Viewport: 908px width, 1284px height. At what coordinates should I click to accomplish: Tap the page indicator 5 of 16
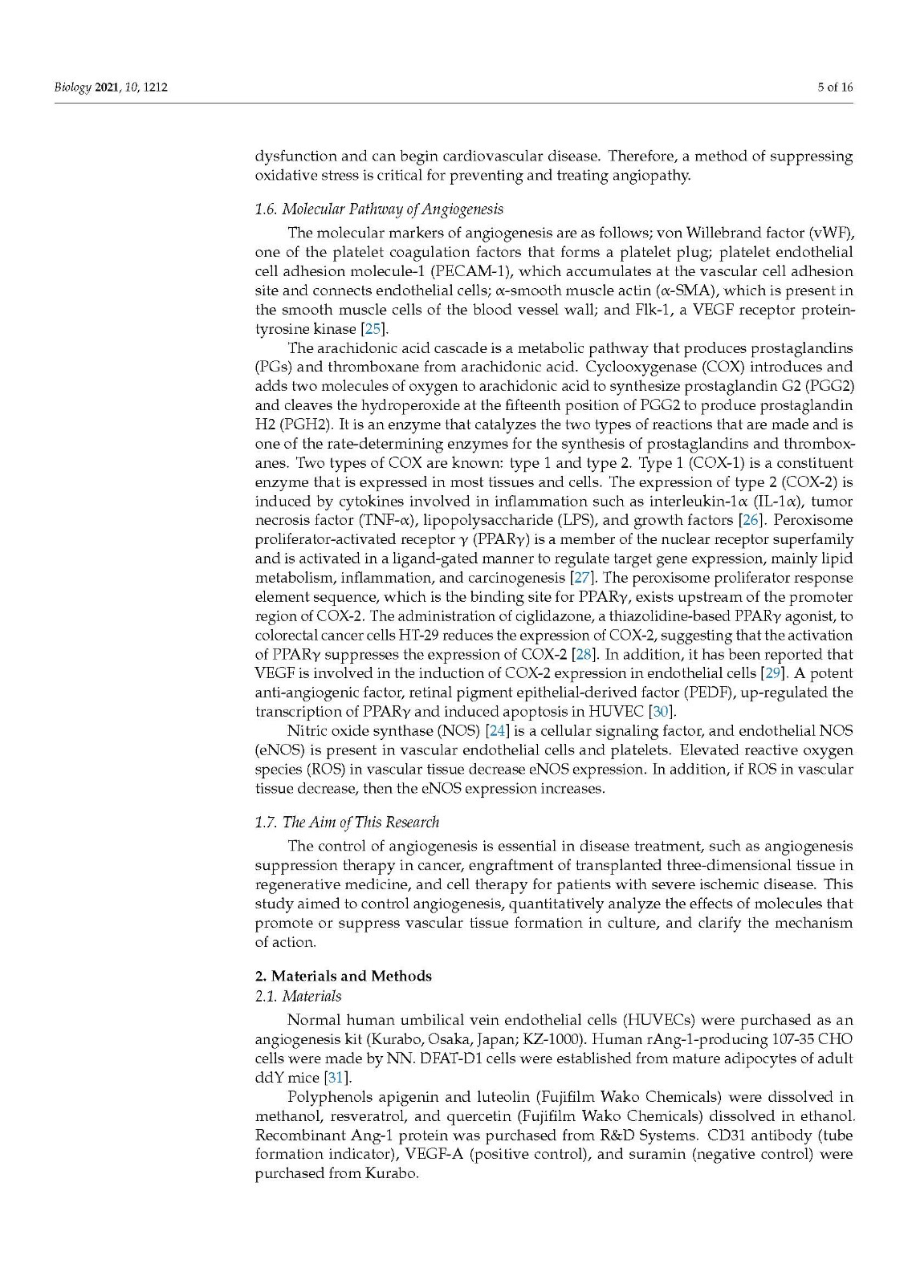pos(835,87)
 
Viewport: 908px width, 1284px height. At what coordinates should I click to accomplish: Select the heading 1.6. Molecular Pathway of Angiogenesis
pos(379,209)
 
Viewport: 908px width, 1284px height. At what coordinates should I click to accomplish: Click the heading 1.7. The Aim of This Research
pos(347,823)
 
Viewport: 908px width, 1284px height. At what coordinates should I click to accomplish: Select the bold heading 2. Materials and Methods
pos(343,977)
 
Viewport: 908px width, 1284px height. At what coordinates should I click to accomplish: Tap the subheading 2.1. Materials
pos(298,997)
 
